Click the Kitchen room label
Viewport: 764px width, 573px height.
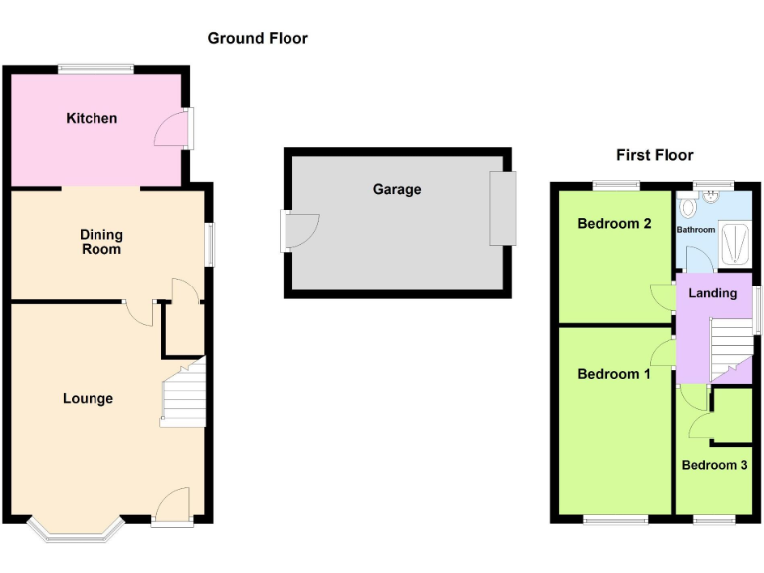tap(92, 118)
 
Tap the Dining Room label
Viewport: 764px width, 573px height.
tap(101, 242)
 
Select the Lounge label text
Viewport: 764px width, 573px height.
tap(88, 399)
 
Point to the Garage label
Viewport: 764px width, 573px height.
tap(397, 189)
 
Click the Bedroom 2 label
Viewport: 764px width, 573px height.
tap(614, 223)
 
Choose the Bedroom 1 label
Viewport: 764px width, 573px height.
tap(614, 374)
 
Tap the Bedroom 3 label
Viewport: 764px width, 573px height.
tap(714, 465)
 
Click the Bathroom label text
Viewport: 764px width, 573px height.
tap(696, 230)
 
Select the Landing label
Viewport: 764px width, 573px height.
tap(713, 293)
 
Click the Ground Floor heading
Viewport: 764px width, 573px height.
tap(258, 38)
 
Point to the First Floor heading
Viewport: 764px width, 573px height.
tap(655, 155)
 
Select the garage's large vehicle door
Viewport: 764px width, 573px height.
tap(503, 208)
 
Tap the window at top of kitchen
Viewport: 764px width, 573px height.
tap(95, 68)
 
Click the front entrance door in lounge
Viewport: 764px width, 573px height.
tap(173, 508)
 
